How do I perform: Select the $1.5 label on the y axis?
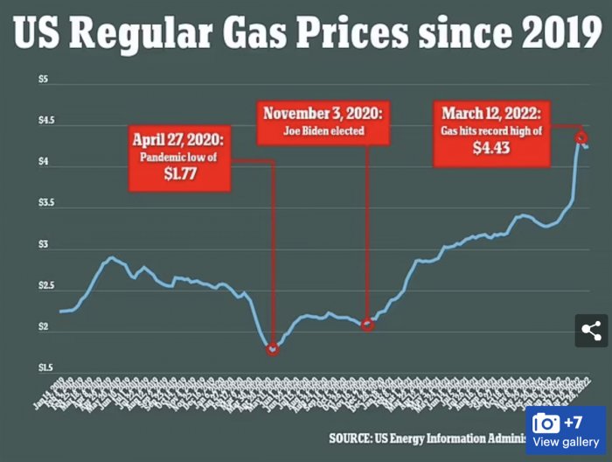(x=43, y=367)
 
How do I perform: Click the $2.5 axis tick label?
(x=43, y=286)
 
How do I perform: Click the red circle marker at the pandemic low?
(x=273, y=349)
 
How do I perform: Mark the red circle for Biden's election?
(x=368, y=325)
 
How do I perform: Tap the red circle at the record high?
(x=580, y=136)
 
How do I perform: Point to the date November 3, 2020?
(x=323, y=114)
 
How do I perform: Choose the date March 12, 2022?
(x=491, y=113)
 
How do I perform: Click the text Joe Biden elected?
(x=323, y=131)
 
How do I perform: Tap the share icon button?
(x=591, y=331)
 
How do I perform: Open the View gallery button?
(x=567, y=442)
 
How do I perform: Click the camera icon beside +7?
(x=546, y=423)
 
